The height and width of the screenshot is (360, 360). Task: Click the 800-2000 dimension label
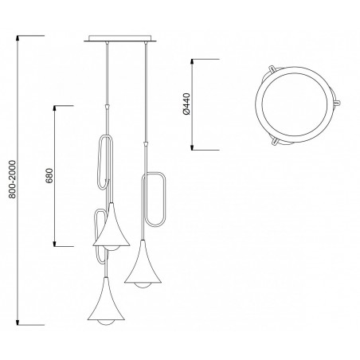click(13, 179)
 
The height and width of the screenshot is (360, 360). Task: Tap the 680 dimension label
click(49, 176)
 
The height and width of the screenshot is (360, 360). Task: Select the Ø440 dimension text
click(187, 104)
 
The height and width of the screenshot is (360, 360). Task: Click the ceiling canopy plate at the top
click(120, 38)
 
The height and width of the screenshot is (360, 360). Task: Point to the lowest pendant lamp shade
click(106, 301)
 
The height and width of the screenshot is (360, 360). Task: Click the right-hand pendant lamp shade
click(143, 264)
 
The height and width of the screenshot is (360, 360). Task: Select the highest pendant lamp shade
click(112, 226)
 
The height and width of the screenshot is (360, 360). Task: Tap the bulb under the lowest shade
click(106, 323)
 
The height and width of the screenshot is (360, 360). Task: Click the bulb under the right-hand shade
click(143, 285)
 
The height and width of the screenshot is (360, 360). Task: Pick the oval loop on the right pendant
click(166, 199)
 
